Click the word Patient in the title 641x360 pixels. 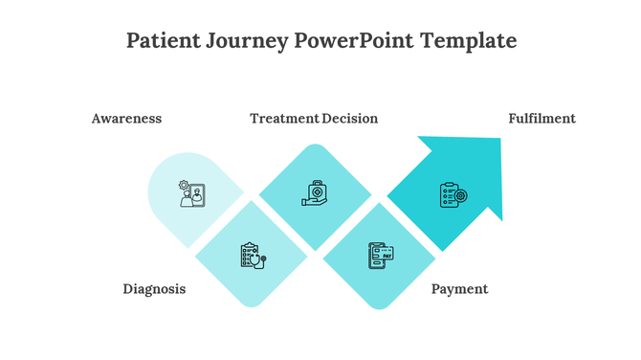(x=159, y=41)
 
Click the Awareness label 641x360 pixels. (x=126, y=119)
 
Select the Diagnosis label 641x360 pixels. (x=154, y=289)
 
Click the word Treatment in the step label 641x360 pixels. (x=284, y=119)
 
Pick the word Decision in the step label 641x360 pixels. (x=350, y=119)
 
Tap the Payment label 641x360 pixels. (x=459, y=289)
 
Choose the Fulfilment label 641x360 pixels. (x=542, y=119)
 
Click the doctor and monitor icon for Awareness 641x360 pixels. (x=190, y=194)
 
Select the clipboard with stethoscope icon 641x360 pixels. (x=252, y=256)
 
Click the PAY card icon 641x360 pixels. (x=381, y=256)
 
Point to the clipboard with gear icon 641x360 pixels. (x=452, y=195)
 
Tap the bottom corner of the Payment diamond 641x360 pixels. (x=380, y=307)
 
